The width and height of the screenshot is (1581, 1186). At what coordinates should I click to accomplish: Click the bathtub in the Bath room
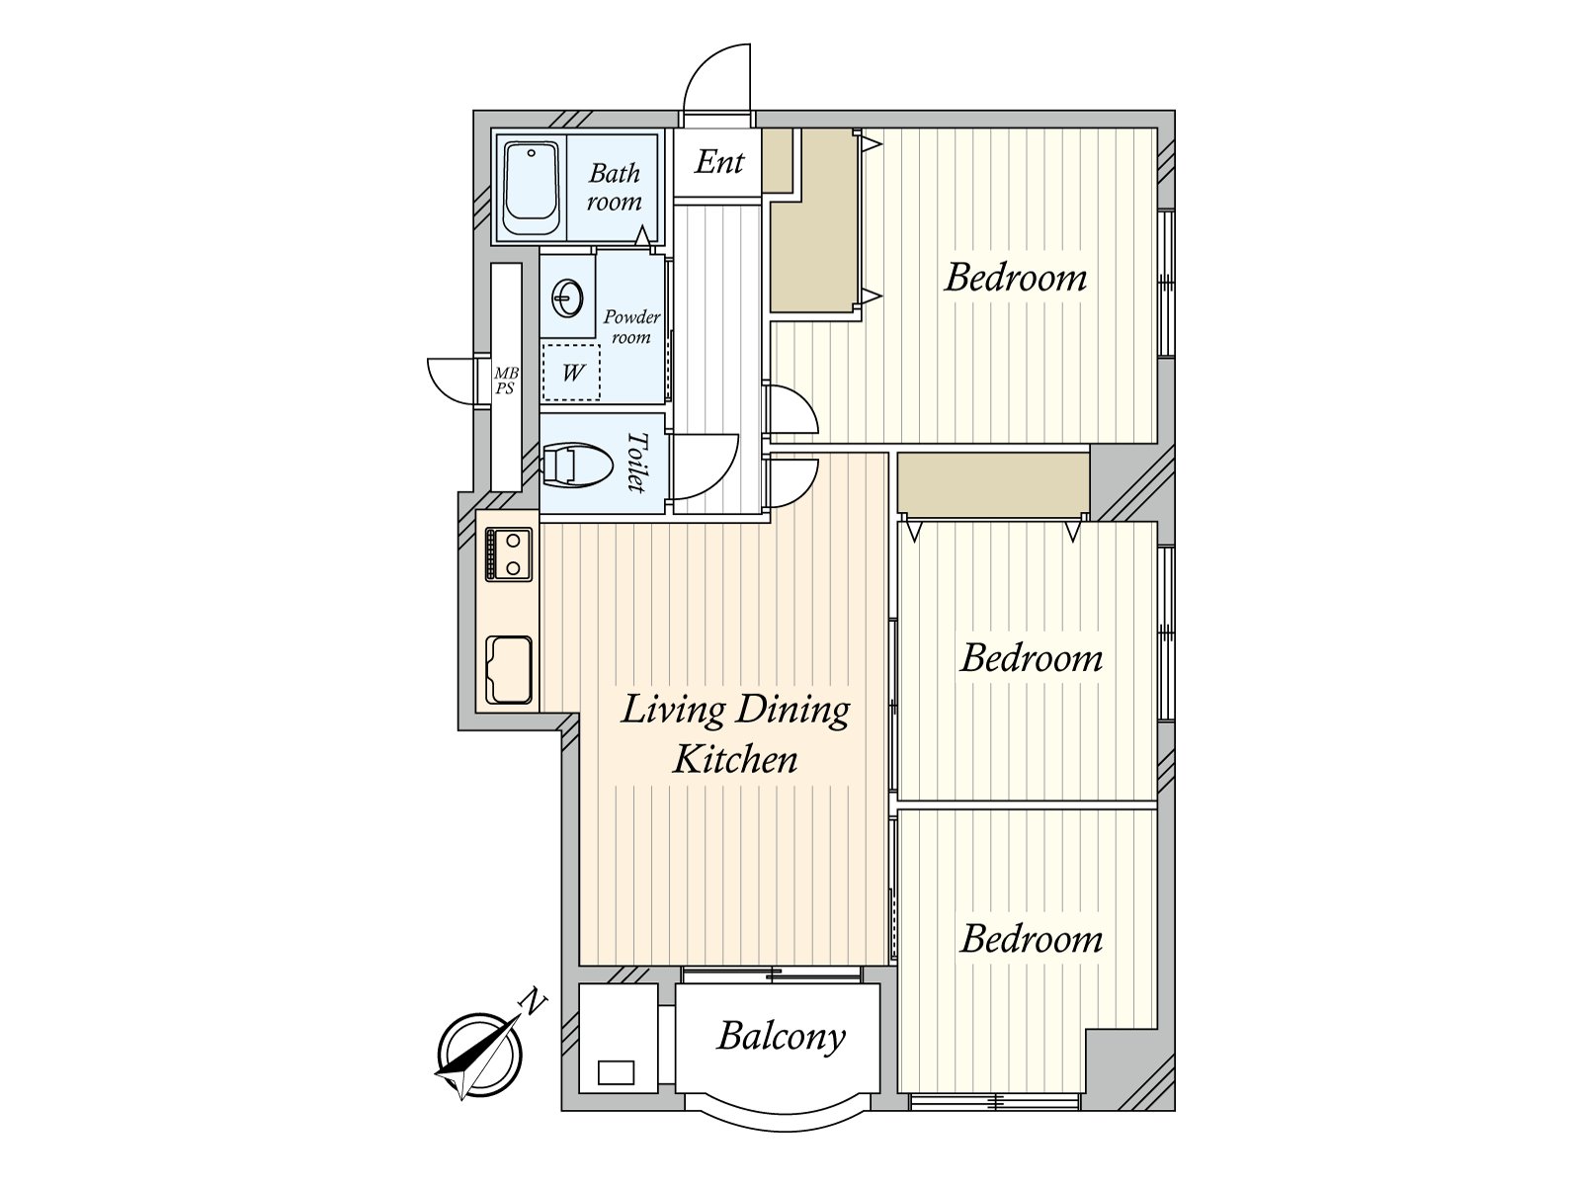532,189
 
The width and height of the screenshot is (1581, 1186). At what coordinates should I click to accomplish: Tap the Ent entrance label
718,162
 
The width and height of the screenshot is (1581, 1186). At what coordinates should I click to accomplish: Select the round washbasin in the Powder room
568,297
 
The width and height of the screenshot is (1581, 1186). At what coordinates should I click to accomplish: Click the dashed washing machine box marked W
571,373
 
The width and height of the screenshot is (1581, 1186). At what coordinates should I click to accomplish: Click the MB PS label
506,381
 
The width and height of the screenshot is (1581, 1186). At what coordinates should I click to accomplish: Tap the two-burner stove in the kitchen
509,553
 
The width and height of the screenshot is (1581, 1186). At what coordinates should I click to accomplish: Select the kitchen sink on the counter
509,670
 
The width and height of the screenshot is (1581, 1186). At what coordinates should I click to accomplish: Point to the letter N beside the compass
533,1002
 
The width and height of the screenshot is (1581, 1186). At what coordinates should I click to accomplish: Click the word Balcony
781,1038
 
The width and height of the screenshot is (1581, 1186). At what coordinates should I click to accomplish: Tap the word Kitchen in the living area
735,760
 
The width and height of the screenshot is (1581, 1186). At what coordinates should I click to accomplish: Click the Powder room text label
631,327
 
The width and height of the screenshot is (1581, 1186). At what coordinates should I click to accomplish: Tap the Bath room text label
614,187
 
